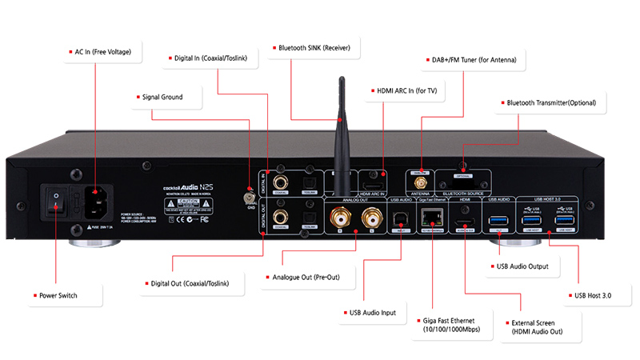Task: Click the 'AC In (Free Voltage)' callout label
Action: coord(103,53)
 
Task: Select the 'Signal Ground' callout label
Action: coord(162,98)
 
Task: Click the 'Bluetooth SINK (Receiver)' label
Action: coord(314,47)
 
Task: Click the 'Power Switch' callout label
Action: coord(61,295)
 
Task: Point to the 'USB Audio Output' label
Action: coord(525,266)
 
